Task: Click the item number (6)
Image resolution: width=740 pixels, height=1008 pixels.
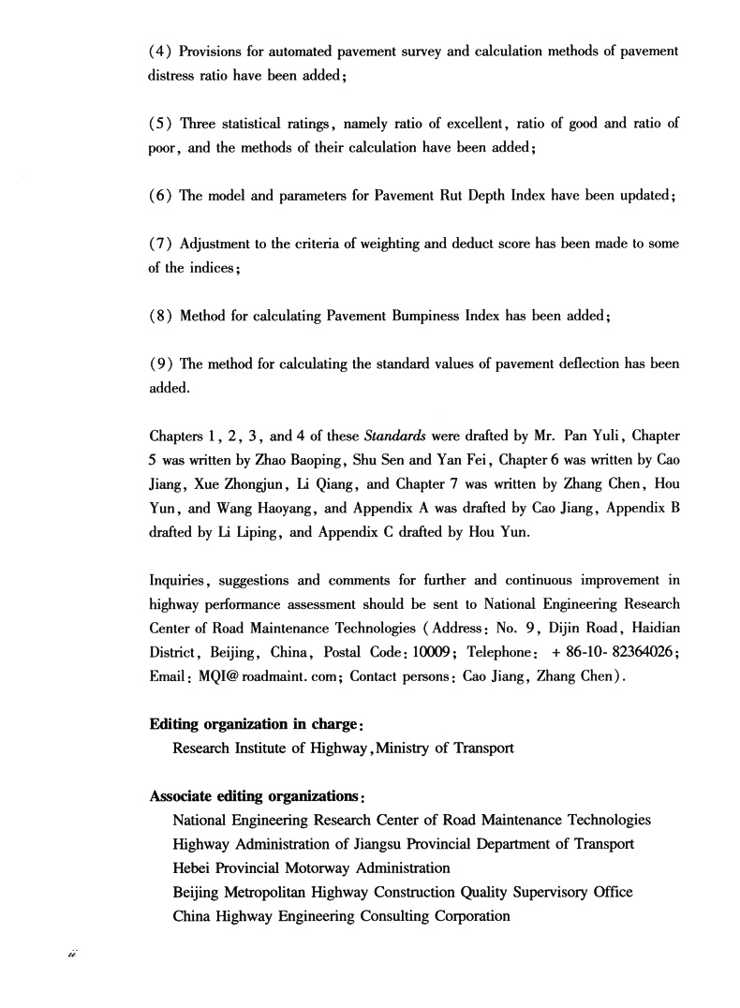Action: pyautogui.click(x=159, y=196)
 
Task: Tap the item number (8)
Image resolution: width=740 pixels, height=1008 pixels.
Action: pyautogui.click(x=159, y=316)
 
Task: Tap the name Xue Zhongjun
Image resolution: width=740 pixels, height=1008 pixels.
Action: pyautogui.click(x=236, y=484)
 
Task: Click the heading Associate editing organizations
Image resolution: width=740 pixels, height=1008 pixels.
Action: pyautogui.click(x=256, y=796)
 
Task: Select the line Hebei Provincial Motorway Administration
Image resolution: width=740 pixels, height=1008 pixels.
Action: pyautogui.click(x=311, y=868)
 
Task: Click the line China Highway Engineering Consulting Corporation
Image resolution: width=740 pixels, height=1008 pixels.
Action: pyautogui.click(x=341, y=917)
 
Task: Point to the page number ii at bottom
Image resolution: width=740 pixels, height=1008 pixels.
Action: pyautogui.click(x=70, y=953)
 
